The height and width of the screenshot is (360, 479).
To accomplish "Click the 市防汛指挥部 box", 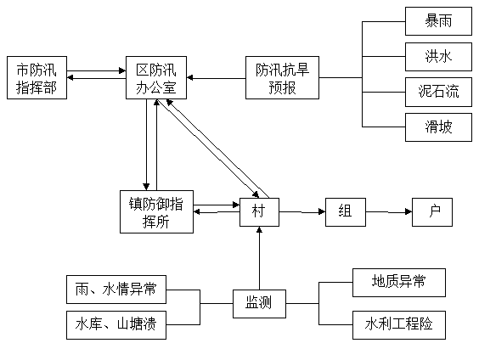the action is click(x=37, y=77).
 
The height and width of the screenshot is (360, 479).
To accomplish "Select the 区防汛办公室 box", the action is click(x=156, y=77).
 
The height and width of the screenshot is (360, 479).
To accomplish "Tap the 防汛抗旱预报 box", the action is click(x=282, y=77).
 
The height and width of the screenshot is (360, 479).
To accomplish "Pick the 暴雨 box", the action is click(x=438, y=21).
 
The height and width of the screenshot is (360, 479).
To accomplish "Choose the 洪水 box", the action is click(x=438, y=57).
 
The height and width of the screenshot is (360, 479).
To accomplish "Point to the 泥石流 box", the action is click(x=438, y=92).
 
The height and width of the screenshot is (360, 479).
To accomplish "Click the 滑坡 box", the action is click(x=438, y=127).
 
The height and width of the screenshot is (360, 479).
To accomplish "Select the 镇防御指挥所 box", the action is click(x=156, y=212).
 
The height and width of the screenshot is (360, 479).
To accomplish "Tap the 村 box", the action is click(x=259, y=212).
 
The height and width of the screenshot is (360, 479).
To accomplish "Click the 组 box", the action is click(x=346, y=212).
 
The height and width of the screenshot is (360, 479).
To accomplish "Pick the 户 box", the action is click(x=432, y=212).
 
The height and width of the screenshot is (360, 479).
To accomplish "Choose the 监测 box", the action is click(x=259, y=304).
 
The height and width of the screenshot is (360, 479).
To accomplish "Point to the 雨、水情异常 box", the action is click(x=116, y=290).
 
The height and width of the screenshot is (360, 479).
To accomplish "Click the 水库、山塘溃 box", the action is click(x=116, y=325).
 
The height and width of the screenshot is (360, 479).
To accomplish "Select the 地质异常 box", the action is click(x=399, y=283).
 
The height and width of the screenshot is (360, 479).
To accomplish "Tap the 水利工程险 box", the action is click(x=399, y=325).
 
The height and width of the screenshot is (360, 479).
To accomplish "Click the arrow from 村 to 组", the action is click(x=302, y=211).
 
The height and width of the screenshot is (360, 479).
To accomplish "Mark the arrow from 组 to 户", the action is click(x=389, y=211).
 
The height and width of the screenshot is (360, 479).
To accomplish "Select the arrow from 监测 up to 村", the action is click(x=259, y=258).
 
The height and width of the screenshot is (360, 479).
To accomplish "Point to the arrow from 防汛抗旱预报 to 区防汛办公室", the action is click(x=217, y=78).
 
